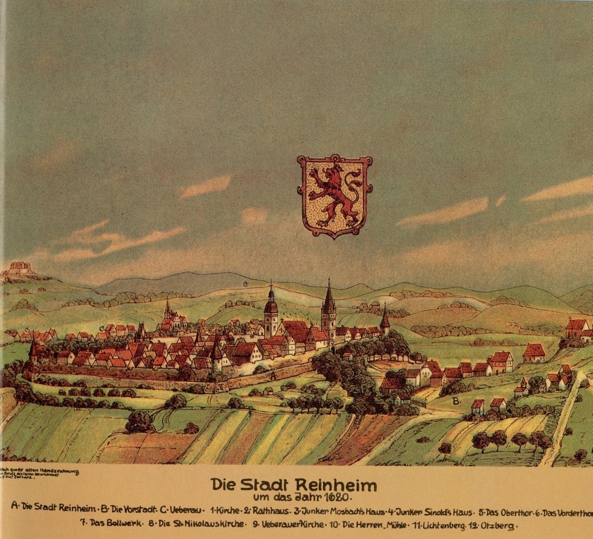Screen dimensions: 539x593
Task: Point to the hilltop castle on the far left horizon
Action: pos(19,268)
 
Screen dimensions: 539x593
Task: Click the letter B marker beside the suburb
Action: pos(456,401)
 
